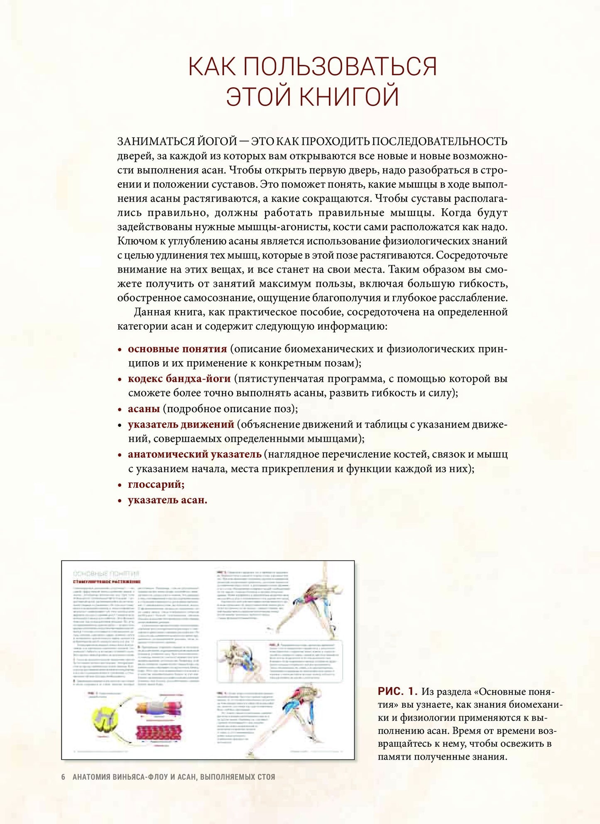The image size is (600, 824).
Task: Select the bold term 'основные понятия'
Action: click(177, 349)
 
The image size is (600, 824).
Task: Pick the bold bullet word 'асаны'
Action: click(144, 408)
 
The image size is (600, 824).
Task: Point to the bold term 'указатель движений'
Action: click(181, 424)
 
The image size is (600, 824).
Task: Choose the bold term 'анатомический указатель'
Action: click(194, 454)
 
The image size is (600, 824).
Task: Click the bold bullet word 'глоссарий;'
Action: click(156, 484)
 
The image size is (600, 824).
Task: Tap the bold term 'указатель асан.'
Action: click(167, 500)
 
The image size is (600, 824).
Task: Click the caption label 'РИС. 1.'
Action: click(397, 691)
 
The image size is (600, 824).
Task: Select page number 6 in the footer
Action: click(63, 777)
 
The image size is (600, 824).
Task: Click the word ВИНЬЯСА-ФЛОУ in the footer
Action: click(140, 777)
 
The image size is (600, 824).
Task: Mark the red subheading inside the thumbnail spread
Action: click(107, 582)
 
